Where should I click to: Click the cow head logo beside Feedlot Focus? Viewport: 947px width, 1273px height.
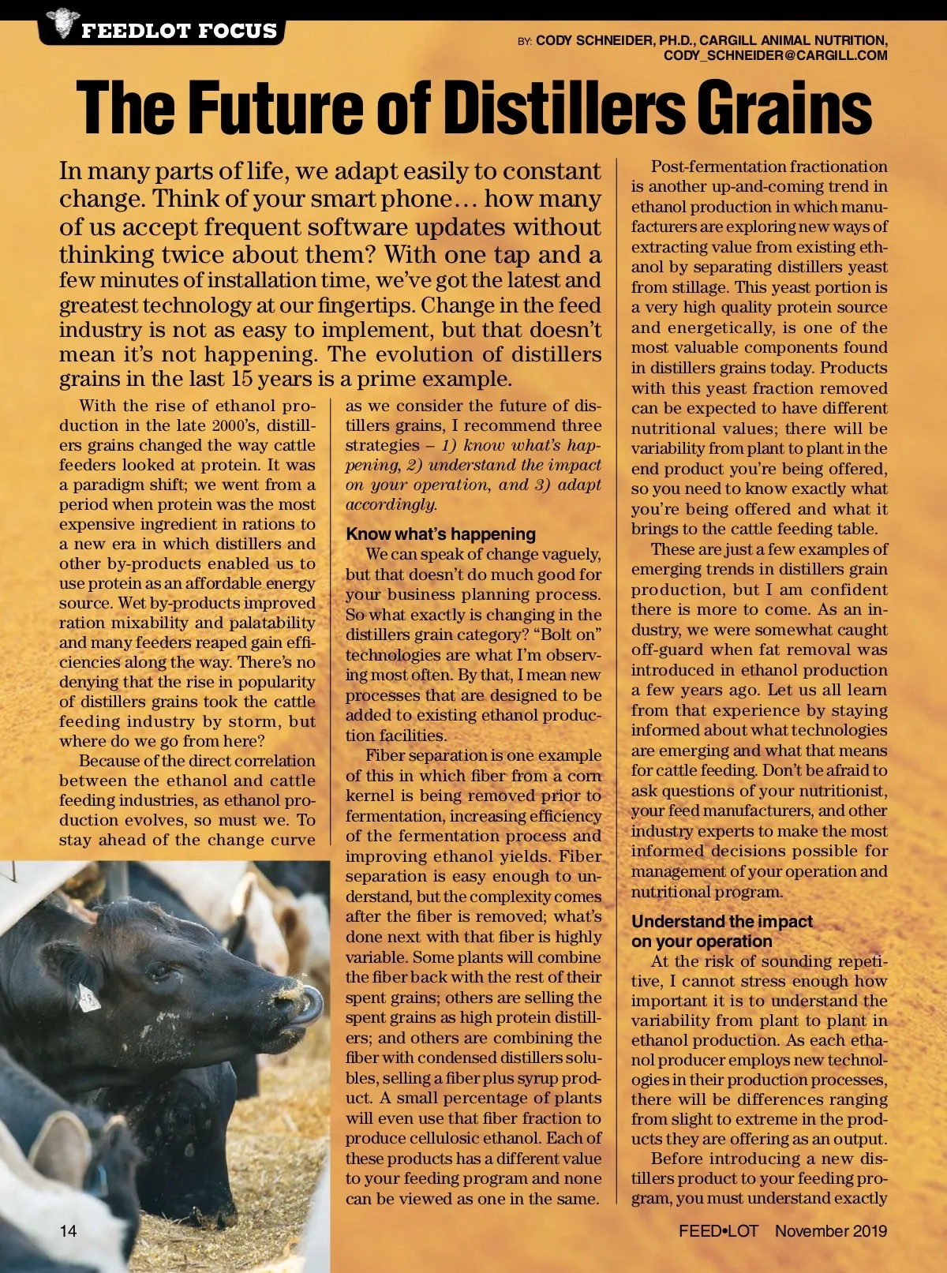(x=61, y=23)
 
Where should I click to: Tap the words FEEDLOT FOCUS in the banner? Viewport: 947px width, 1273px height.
(x=179, y=31)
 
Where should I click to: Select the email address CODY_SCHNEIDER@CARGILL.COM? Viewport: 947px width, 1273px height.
(x=775, y=55)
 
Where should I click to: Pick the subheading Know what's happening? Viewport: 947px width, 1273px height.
(x=440, y=534)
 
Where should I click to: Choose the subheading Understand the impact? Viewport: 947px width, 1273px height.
(x=721, y=921)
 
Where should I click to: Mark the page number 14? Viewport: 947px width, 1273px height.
(x=68, y=1230)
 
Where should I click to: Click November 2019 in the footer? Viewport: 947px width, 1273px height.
(x=830, y=1230)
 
